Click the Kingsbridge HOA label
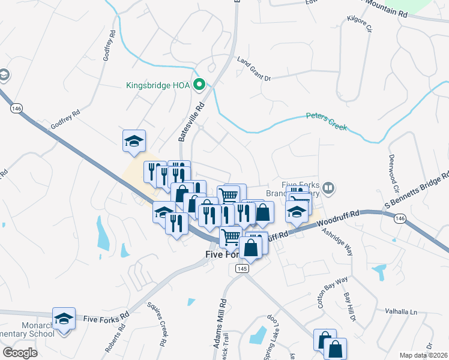pyautogui.click(x=158, y=85)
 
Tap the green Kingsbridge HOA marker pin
pyautogui.click(x=201, y=85)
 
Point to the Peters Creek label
pyautogui.click(x=327, y=120)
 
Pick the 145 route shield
pyautogui.click(x=242, y=268)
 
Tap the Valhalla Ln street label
pyautogui.click(x=400, y=313)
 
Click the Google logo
pyautogui.click(x=20, y=353)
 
